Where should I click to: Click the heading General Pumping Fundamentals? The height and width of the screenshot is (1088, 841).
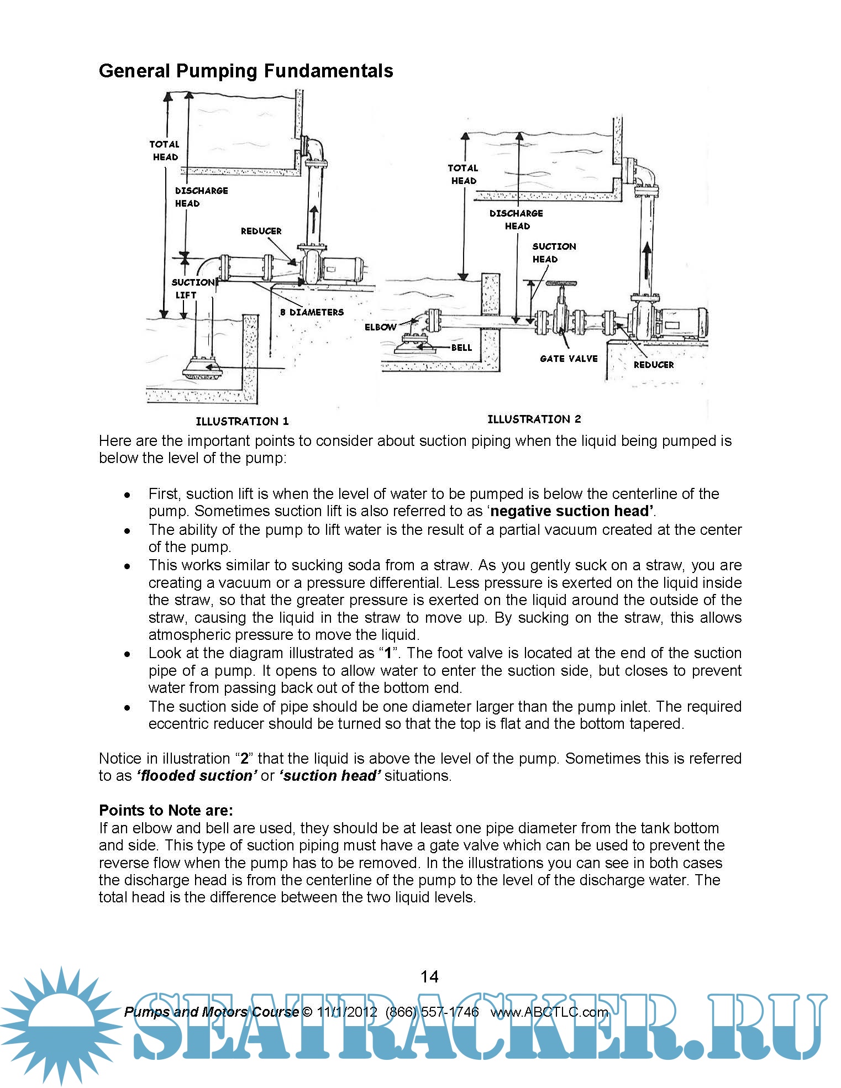click(x=246, y=71)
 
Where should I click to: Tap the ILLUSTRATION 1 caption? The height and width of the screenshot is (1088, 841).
click(x=242, y=421)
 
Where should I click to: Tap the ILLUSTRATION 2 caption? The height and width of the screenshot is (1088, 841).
click(x=534, y=419)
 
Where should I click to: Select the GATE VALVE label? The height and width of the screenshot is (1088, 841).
click(x=569, y=359)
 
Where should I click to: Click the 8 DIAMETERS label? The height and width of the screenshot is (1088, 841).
click(x=312, y=312)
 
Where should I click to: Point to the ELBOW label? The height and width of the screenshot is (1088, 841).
click(x=380, y=327)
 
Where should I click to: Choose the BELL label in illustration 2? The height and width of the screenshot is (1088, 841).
click(x=461, y=348)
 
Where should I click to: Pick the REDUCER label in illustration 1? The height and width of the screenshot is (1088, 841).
click(x=261, y=231)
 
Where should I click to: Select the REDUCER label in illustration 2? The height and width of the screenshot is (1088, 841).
click(x=654, y=365)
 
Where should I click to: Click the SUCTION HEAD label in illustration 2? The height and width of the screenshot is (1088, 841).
click(x=554, y=253)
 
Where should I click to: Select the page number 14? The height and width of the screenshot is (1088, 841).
click(x=429, y=976)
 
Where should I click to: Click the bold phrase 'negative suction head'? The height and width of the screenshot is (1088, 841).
click(x=571, y=511)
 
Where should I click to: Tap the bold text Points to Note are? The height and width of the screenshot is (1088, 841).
click(x=166, y=810)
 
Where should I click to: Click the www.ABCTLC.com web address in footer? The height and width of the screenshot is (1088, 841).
click(x=549, y=1012)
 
